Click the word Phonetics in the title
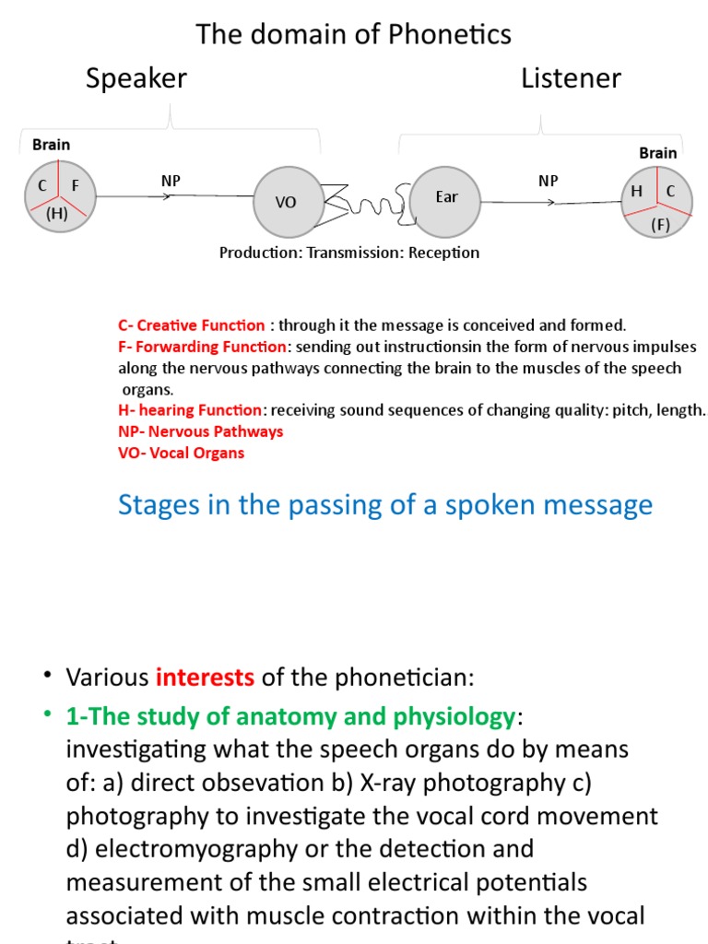tap(450, 35)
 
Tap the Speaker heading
tap(136, 78)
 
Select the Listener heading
tap(571, 78)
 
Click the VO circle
tap(287, 201)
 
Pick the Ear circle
tap(446, 199)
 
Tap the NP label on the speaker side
tap(171, 181)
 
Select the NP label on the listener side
tap(549, 181)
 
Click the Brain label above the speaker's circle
tap(51, 145)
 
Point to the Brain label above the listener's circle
tap(658, 153)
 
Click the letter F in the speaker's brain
tap(76, 186)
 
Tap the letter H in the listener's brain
tap(636, 191)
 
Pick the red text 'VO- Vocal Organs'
tap(181, 453)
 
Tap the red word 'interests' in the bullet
tap(205, 678)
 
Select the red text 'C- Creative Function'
tap(192, 325)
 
